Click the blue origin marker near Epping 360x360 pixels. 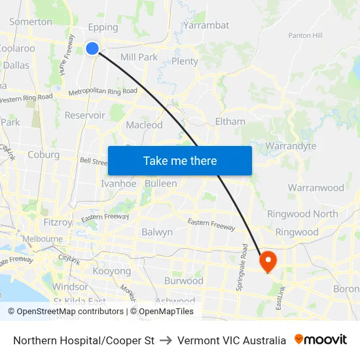coord(92,48)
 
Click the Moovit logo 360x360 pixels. coord(321,340)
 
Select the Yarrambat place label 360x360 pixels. coord(206,26)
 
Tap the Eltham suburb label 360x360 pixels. coord(230,121)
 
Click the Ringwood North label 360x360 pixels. coord(302,214)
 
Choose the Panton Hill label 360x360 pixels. coord(306,35)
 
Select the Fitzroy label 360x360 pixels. coord(58,222)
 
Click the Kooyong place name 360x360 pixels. coord(112,270)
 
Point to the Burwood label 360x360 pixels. coord(184,281)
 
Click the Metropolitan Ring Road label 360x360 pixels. coord(103,92)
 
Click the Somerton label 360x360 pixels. coord(31,22)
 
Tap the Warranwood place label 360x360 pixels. coord(315,188)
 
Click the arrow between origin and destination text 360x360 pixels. coord(166,340)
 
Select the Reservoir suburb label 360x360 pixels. coord(85,115)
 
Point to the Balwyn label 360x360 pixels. coord(157,232)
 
